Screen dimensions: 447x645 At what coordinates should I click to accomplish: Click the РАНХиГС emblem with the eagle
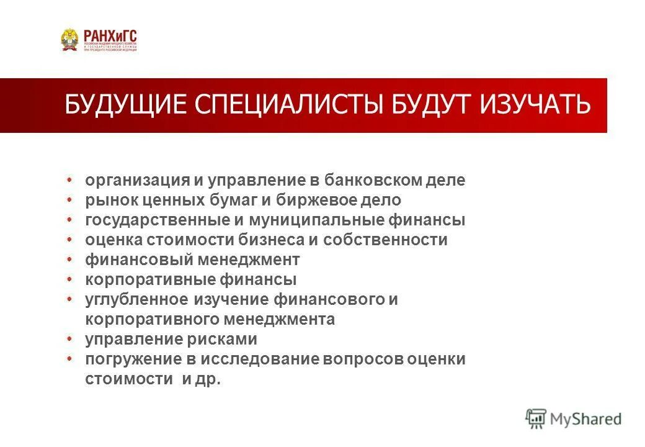point(69,40)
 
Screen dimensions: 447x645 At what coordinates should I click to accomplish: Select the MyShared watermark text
point(585,419)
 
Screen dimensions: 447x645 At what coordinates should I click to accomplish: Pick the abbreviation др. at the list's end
point(210,379)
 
